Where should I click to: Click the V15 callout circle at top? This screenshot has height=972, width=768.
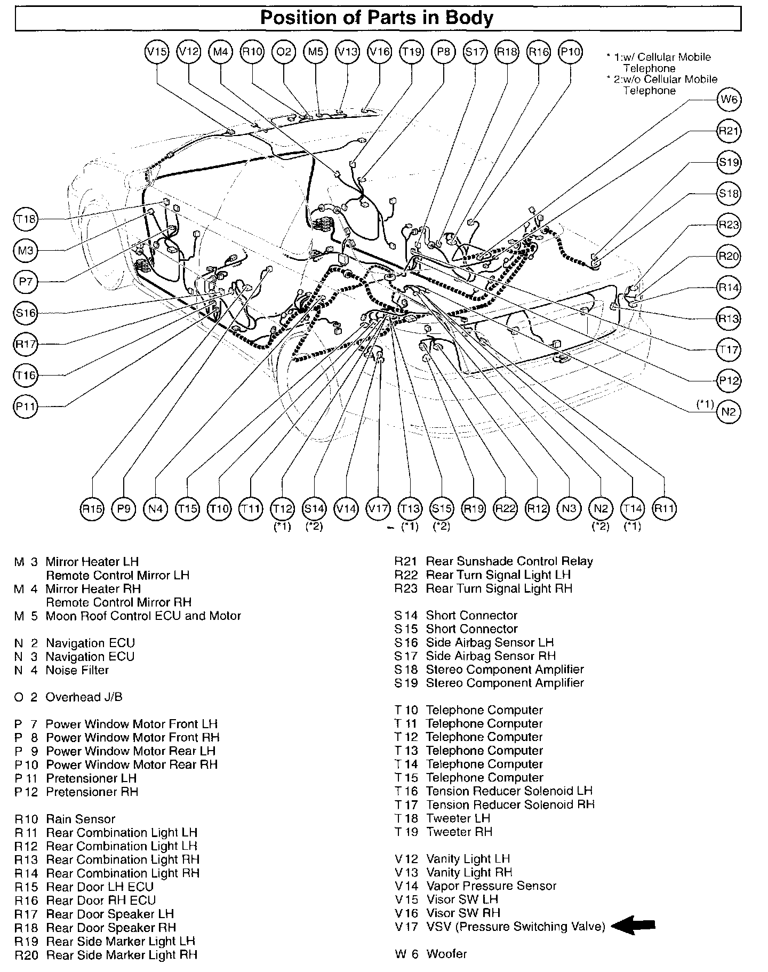(x=157, y=52)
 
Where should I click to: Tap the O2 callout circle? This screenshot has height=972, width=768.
(x=284, y=52)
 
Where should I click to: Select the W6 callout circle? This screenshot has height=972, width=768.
(x=729, y=100)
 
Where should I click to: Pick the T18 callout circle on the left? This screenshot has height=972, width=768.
(x=25, y=219)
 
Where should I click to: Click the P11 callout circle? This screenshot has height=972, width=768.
(x=25, y=407)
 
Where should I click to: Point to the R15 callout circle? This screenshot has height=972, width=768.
(x=92, y=508)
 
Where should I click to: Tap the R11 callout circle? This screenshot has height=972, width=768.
(x=665, y=508)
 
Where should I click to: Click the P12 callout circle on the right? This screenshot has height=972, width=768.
(x=729, y=381)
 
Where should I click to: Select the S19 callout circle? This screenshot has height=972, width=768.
(x=729, y=162)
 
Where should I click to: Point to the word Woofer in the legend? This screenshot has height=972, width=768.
(x=446, y=954)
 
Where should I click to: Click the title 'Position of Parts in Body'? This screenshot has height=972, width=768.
(x=377, y=18)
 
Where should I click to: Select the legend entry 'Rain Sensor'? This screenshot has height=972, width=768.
(x=81, y=819)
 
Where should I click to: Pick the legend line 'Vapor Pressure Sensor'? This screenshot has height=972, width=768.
(x=491, y=886)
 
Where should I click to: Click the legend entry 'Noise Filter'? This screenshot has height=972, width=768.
(x=77, y=670)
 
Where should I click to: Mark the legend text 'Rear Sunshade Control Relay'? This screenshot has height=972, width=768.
(x=509, y=561)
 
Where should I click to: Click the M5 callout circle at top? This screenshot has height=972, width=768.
(x=316, y=52)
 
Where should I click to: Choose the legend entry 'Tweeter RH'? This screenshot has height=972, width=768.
(x=459, y=832)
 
